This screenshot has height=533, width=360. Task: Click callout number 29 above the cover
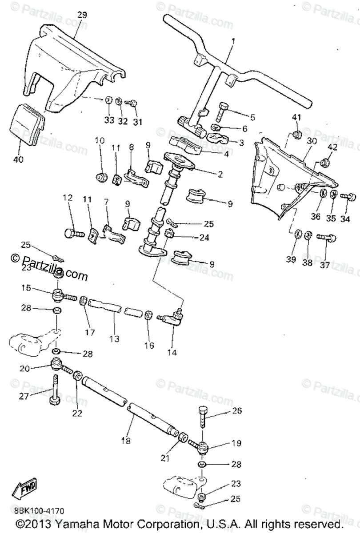(82, 15)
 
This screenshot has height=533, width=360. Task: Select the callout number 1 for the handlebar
(233, 41)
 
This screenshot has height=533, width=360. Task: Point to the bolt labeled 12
(74, 232)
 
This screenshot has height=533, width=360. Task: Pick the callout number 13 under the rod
(115, 339)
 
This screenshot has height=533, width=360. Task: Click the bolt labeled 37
(326, 239)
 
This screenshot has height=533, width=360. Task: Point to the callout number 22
(77, 413)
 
